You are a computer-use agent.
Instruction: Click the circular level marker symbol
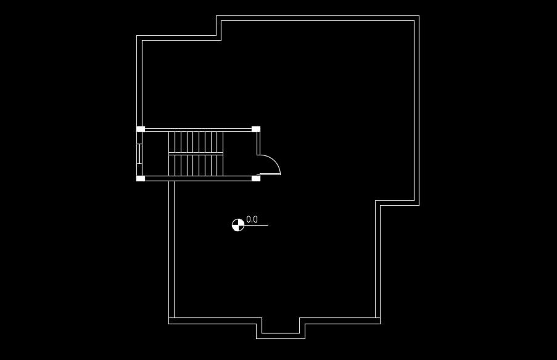tap(237, 225)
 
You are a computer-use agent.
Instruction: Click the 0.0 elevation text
tap(252, 219)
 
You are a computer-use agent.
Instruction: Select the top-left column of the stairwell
tap(141, 129)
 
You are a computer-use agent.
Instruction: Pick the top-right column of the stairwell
tap(256, 129)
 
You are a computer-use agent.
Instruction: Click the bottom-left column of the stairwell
tap(141, 179)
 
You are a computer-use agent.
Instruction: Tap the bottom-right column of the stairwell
tap(256, 179)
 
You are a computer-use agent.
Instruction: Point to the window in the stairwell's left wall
tap(140, 153)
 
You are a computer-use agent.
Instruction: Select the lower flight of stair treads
tap(196, 165)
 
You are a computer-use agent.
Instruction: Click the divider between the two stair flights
tap(196, 153)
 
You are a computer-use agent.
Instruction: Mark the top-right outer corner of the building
tap(419, 16)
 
